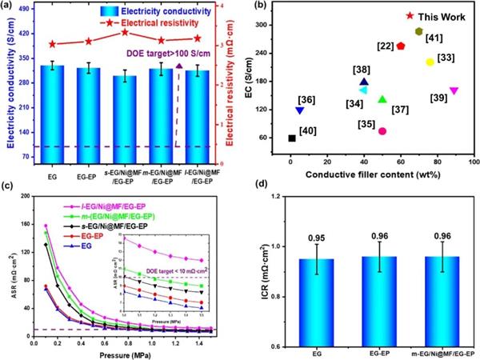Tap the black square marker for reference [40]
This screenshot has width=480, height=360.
[291, 138]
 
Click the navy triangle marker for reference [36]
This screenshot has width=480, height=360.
[300, 110]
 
